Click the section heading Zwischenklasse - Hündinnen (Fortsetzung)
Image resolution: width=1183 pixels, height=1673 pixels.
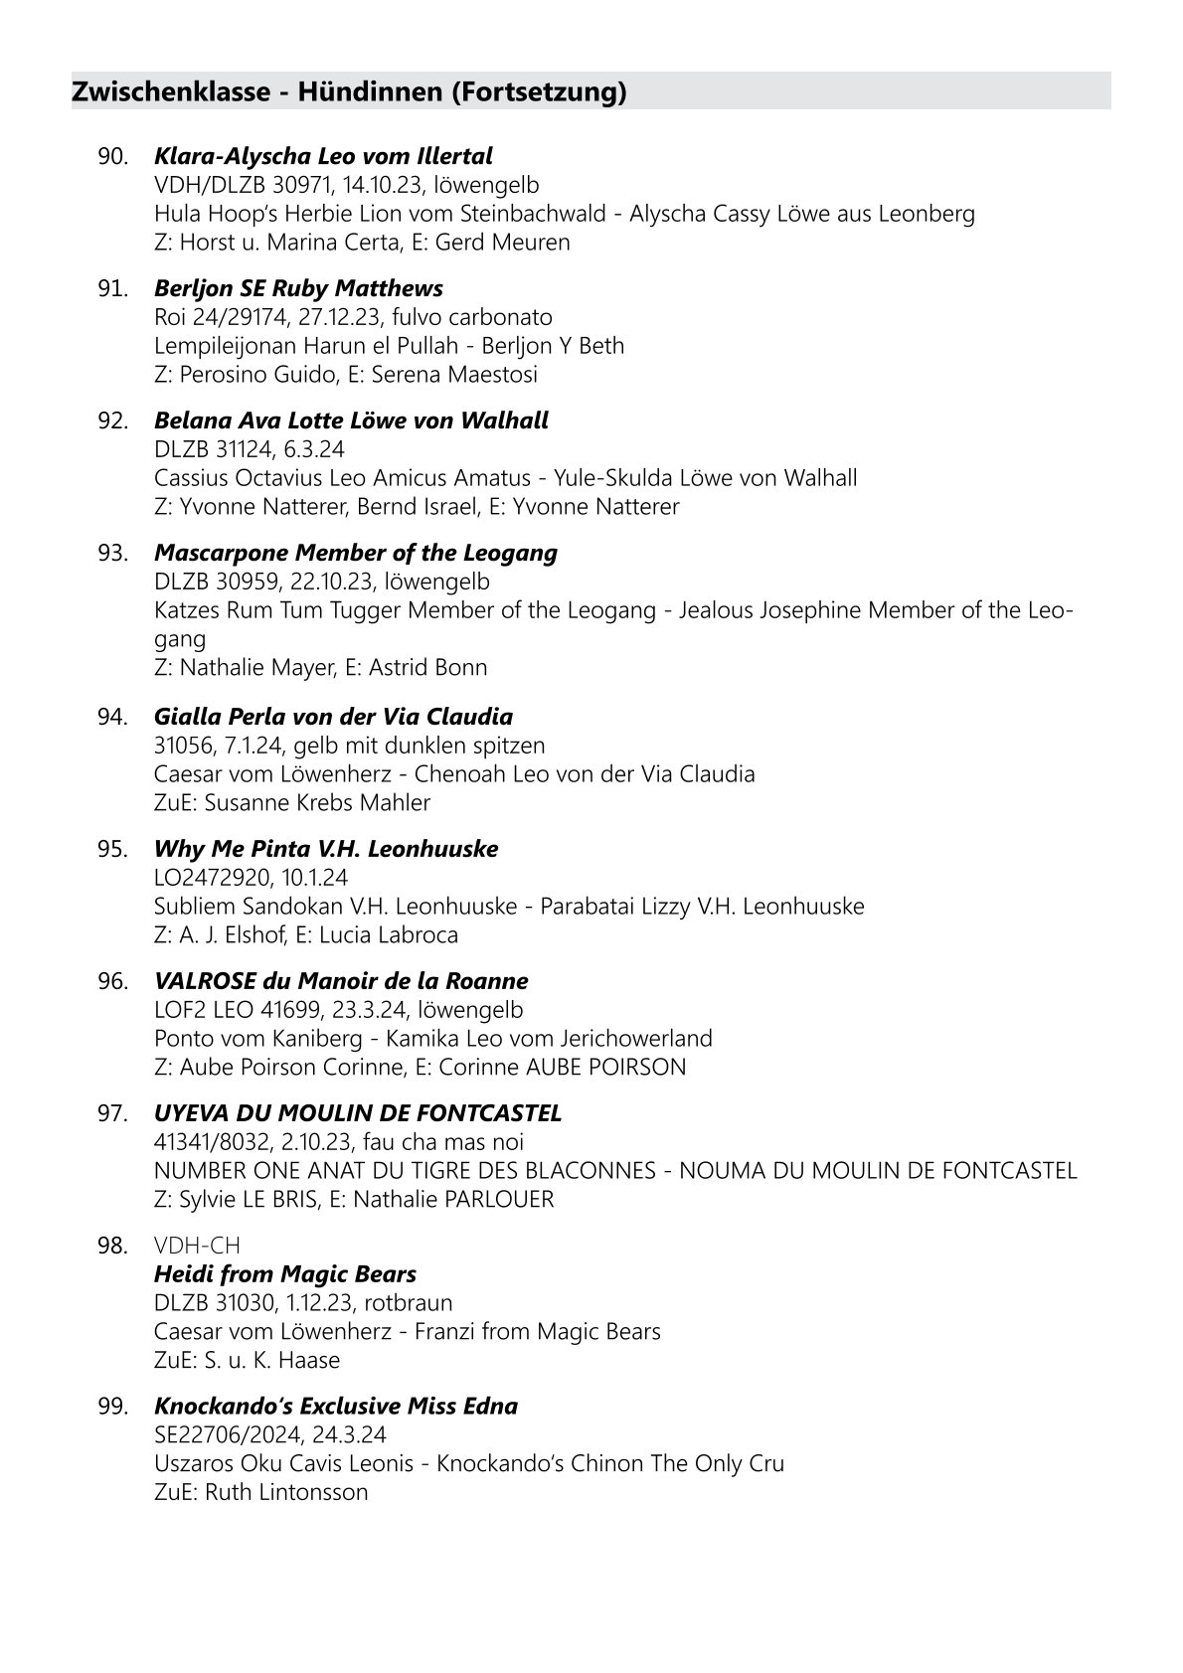point(349,92)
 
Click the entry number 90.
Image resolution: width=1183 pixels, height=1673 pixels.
point(113,156)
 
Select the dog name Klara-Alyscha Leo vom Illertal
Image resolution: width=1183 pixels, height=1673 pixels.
point(323,156)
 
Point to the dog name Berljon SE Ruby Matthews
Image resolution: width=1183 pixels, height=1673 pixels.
point(298,288)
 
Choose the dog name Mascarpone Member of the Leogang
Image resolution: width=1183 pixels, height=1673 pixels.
point(356,553)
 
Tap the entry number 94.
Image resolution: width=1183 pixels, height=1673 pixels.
point(113,717)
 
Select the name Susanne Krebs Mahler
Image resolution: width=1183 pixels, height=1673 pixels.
point(317,802)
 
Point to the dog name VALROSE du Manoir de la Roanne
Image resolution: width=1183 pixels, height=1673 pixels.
point(341,981)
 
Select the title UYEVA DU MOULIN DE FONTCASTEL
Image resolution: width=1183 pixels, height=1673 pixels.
point(358,1113)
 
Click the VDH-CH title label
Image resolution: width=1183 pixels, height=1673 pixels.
point(198,1246)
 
